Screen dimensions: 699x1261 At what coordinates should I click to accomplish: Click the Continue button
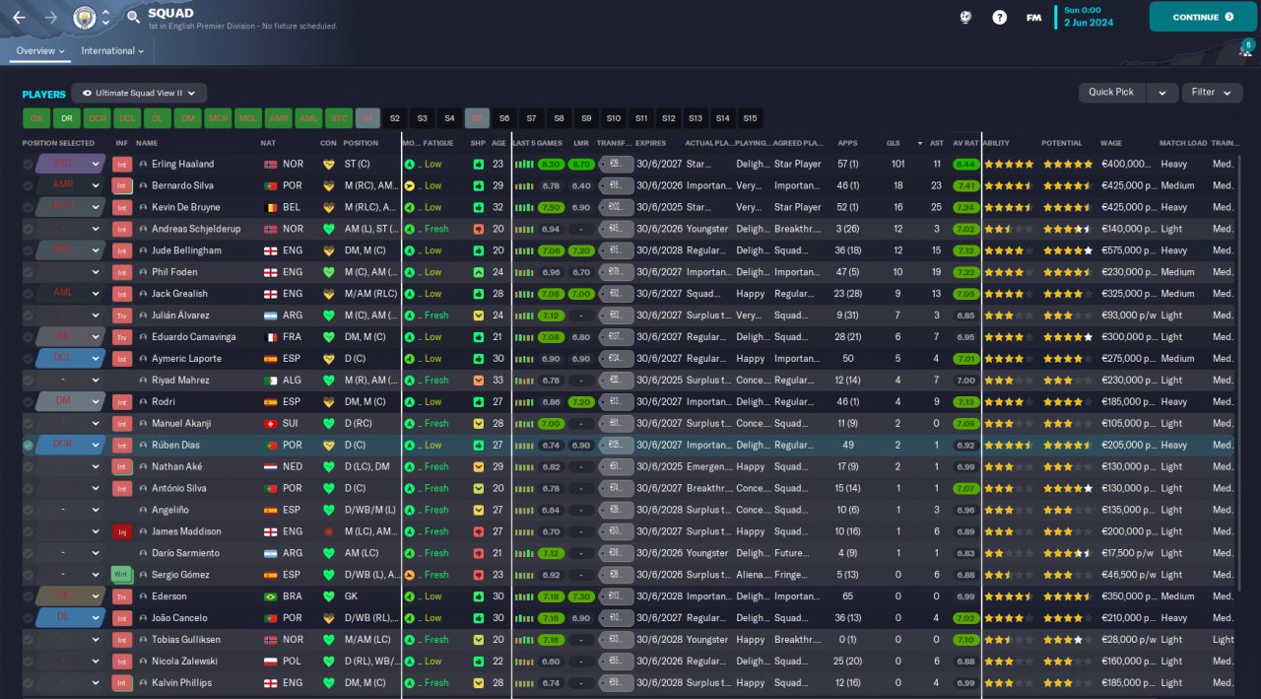(1202, 17)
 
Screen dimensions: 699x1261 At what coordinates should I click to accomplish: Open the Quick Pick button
(1110, 92)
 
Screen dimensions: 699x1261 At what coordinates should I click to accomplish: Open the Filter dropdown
(1211, 92)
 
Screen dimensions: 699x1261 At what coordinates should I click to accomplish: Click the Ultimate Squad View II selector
(139, 93)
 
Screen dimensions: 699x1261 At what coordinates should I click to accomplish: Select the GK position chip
(36, 118)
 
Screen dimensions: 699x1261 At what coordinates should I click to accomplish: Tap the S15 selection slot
(751, 118)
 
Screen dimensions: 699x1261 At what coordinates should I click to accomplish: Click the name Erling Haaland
(182, 164)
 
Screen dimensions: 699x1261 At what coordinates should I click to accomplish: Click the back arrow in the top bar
(20, 17)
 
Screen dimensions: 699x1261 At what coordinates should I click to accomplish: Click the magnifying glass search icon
(133, 17)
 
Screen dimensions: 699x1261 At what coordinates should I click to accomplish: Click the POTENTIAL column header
(1061, 143)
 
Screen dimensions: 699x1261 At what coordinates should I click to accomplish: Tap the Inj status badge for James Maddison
(122, 531)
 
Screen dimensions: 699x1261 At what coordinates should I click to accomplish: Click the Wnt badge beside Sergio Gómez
(122, 575)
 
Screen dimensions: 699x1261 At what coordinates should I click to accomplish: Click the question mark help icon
(1000, 17)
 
